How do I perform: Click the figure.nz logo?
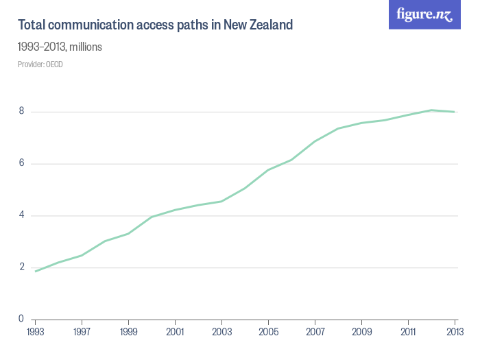coord(424,14)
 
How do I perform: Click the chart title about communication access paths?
coord(155,25)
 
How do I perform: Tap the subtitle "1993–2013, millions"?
coord(60,47)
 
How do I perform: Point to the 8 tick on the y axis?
coord(22,111)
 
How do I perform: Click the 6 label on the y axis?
coord(22,163)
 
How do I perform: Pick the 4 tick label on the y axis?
coord(22,215)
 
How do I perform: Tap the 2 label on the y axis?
coord(22,267)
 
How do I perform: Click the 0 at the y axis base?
coord(22,319)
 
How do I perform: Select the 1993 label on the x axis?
coord(35,333)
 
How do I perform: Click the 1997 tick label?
coord(82,333)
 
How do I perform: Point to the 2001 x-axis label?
coord(175,333)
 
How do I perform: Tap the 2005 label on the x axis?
coord(268,333)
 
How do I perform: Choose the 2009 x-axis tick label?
coord(361,333)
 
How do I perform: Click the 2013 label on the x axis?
coord(455,333)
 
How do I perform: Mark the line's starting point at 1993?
coord(35,271)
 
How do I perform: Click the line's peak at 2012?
coord(431,110)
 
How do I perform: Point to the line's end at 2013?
coord(455,112)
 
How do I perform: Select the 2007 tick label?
coord(315,333)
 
